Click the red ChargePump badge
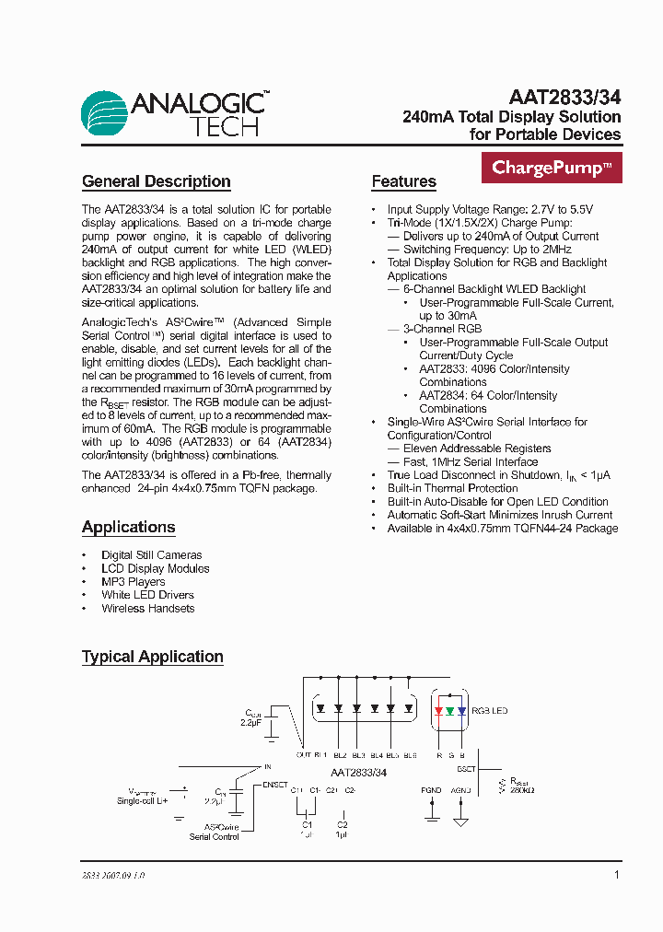click(x=552, y=169)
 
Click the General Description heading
click(x=156, y=181)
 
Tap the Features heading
click(x=403, y=181)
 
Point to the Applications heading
click(x=128, y=527)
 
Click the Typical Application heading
click(x=152, y=657)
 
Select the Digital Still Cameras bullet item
click(x=151, y=555)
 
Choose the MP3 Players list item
click(x=133, y=582)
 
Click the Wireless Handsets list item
click(x=147, y=609)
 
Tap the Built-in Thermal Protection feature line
click(x=452, y=488)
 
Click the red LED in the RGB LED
click(x=437, y=710)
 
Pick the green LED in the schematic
click(x=449, y=710)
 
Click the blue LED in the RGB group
click(x=461, y=710)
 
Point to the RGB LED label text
click(x=489, y=711)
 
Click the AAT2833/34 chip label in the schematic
click(x=358, y=773)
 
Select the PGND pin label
click(x=431, y=790)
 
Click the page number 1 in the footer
click(x=616, y=875)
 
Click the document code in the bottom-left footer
click(x=113, y=876)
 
